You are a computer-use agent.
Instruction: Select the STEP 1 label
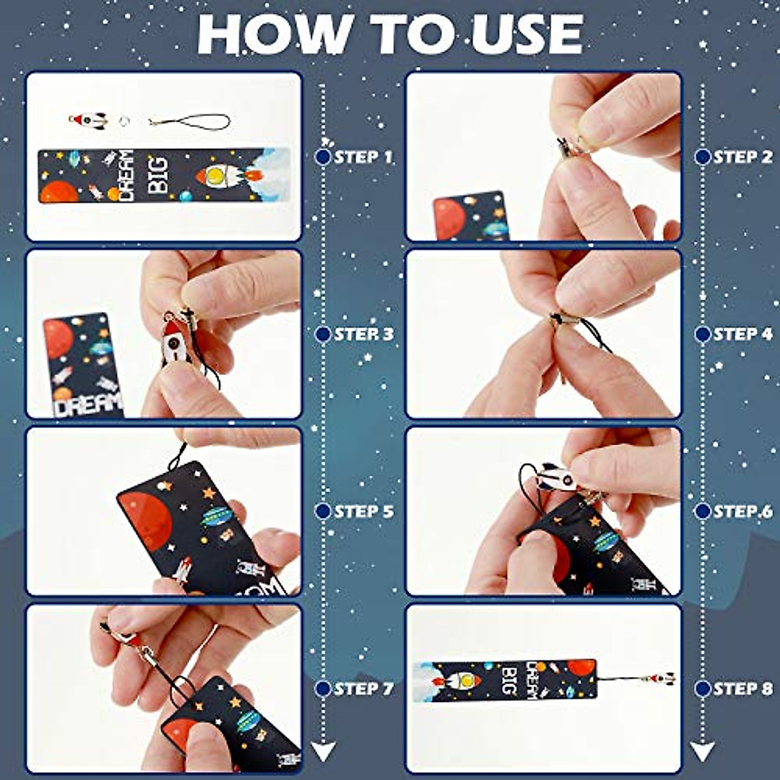(364, 157)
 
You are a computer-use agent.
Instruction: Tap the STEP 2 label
(743, 157)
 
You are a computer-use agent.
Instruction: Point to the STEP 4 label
(743, 334)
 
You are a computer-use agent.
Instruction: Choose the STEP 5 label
(364, 512)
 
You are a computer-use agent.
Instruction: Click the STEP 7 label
(364, 688)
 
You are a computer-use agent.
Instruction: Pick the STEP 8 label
(743, 688)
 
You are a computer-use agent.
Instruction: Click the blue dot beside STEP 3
(323, 334)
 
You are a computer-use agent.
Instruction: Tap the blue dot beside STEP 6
(702, 512)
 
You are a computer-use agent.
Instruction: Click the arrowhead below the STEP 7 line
(323, 752)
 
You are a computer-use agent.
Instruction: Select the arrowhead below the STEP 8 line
(702, 752)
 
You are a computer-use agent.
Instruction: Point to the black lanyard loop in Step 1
(192, 122)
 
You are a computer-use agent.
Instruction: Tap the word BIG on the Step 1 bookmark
(157, 175)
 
